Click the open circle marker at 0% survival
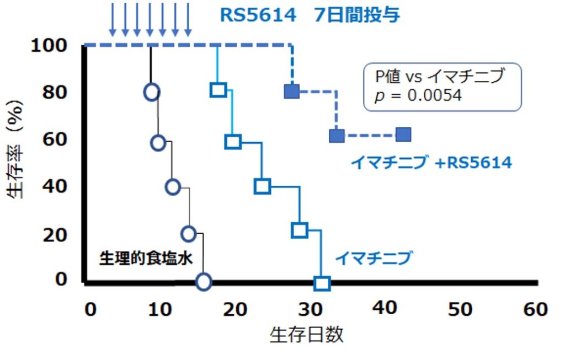204,282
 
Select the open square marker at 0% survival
322,284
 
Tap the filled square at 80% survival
292,92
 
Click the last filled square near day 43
404,135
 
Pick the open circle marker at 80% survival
152,92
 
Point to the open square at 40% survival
262,187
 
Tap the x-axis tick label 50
460,309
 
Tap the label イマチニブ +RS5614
431,163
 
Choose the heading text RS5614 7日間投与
310,15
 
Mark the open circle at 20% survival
189,234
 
